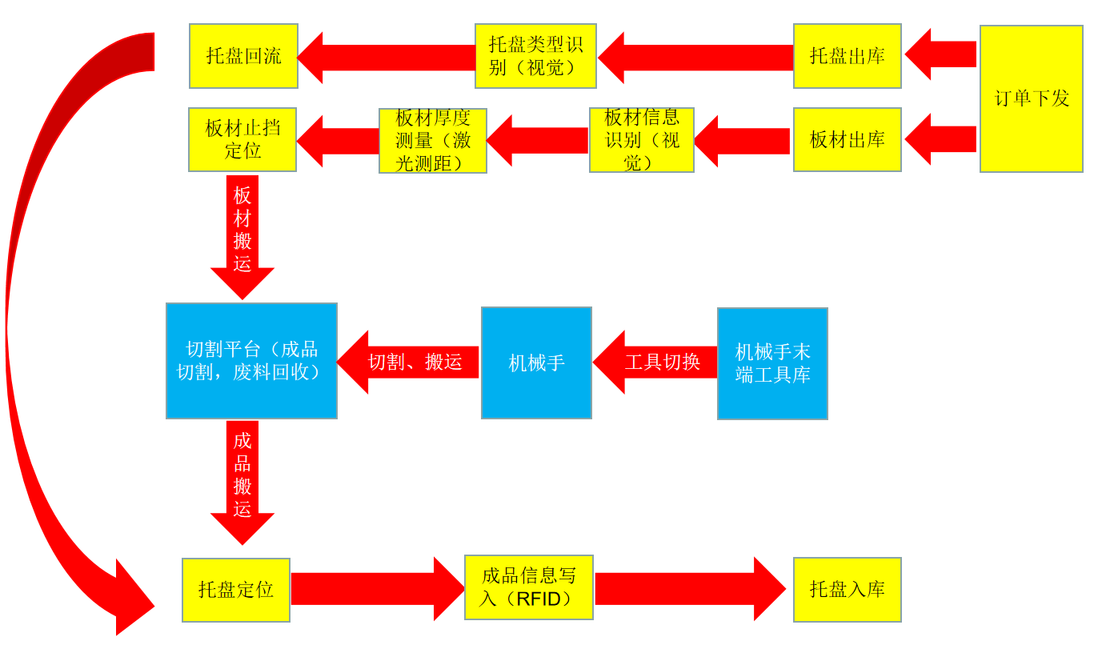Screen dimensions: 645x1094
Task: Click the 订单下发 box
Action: point(1031,98)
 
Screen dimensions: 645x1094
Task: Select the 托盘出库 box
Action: point(847,56)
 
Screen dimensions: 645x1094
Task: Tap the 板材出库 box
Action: point(847,139)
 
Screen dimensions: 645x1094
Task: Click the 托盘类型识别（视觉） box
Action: point(535,56)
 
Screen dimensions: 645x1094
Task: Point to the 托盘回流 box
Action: point(243,56)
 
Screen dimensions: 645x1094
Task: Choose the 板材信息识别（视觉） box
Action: point(641,140)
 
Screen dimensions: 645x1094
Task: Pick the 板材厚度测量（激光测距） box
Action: point(432,141)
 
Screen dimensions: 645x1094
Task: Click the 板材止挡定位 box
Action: point(242,139)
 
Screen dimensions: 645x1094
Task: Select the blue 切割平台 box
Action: point(251,360)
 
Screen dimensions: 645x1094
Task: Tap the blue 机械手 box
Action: point(536,363)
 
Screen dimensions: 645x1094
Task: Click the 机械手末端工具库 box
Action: point(772,363)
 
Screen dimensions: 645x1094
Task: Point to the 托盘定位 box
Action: point(236,590)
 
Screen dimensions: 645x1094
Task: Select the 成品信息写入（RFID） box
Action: point(528,587)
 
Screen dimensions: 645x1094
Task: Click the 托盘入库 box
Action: point(847,590)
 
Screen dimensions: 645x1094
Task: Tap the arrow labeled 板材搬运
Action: point(242,232)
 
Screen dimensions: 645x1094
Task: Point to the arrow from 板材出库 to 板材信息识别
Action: point(743,141)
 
